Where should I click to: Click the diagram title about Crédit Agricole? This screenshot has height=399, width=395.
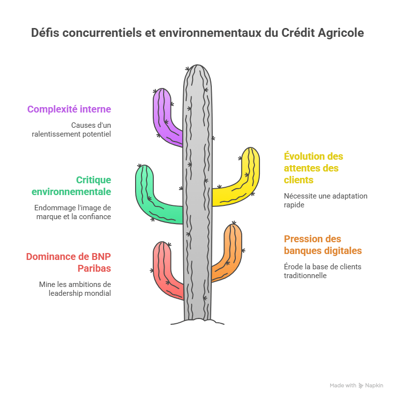click(x=197, y=33)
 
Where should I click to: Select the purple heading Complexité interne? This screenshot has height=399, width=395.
click(x=69, y=109)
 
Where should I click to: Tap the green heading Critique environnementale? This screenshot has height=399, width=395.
click(x=71, y=186)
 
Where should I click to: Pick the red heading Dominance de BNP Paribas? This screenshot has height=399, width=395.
click(x=69, y=262)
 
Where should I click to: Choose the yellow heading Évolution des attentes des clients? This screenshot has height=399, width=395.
click(x=313, y=168)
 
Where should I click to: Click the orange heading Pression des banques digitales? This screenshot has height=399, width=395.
click(x=323, y=245)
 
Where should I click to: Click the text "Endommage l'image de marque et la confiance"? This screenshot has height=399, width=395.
click(x=73, y=212)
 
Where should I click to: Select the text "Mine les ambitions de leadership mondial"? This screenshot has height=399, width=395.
click(x=75, y=288)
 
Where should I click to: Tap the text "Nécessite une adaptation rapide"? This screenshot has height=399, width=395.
click(x=325, y=200)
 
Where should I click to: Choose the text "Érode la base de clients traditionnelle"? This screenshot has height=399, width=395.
click(x=322, y=271)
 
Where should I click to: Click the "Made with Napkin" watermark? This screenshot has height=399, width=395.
click(x=356, y=386)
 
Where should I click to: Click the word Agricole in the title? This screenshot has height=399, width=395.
click(x=340, y=33)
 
